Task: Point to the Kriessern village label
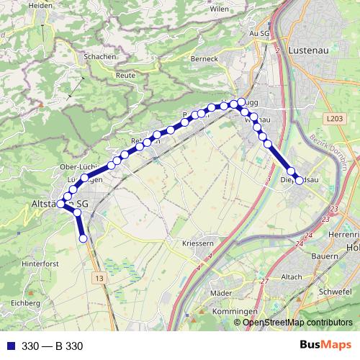pyautogui.click(x=198, y=243)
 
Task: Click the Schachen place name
pyautogui.click(x=99, y=56)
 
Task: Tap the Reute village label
pyautogui.click(x=125, y=75)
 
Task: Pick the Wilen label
pyautogui.click(x=219, y=9)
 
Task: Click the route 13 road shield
pyautogui.click(x=99, y=278)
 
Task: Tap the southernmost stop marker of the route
pyautogui.click(x=83, y=238)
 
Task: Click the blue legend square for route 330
pyautogui.click(x=9, y=346)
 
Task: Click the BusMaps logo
pyautogui.click(x=325, y=346)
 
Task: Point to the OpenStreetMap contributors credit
pyautogui.click(x=297, y=323)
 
